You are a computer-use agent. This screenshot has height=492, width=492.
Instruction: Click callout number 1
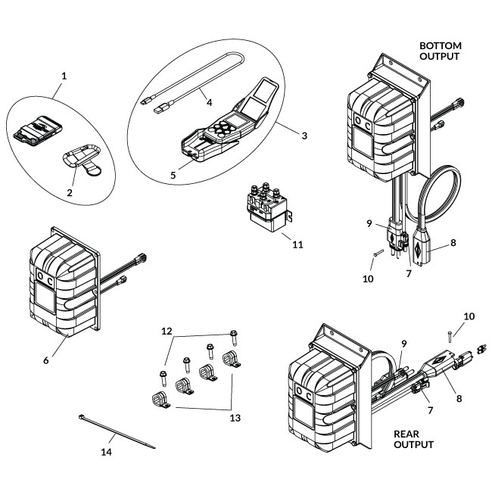coord(64,76)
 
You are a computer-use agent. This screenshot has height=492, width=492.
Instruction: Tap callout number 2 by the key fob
coord(69,194)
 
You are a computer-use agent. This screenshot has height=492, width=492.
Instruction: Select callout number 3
coord(304,136)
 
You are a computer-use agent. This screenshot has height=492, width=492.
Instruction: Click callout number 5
coord(173,174)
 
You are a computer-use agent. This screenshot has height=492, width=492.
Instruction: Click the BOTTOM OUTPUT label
coord(440,51)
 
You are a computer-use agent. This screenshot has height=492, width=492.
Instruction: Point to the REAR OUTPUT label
coord(414,439)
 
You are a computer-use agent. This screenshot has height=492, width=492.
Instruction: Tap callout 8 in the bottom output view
coord(453,243)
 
